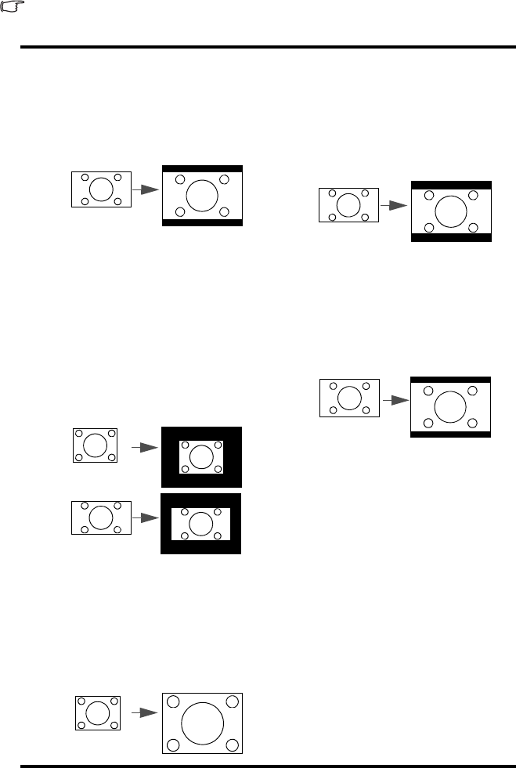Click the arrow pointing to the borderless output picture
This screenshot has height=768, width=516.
(144, 712)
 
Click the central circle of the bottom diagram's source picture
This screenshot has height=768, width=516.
(98, 713)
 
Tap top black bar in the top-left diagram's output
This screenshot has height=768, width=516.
(202, 169)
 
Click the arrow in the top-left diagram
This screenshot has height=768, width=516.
(146, 189)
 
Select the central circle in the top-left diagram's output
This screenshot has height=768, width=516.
(202, 195)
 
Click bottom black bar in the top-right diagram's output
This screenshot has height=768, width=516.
(451, 237)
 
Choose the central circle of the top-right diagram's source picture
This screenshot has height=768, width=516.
(348, 205)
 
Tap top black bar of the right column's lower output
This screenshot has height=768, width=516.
(451, 380)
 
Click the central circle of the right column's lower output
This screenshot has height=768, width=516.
(450, 406)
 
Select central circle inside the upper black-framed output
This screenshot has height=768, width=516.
(201, 456)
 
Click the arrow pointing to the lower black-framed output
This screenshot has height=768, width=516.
(146, 517)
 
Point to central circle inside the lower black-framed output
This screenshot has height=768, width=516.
(200, 523)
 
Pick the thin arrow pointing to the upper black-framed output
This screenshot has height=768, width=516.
(144, 447)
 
